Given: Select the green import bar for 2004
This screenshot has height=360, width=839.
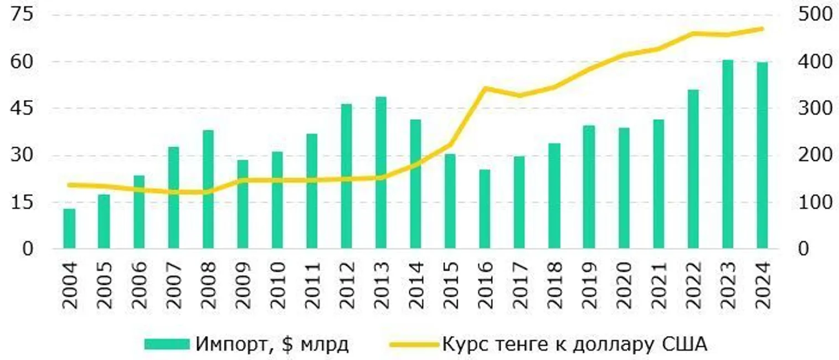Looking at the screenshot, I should point(69,228).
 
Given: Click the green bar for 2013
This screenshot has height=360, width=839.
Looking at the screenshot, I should point(381,173).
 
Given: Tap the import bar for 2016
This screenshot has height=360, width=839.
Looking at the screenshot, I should point(485,209).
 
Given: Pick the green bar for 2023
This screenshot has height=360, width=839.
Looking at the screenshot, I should point(728,154).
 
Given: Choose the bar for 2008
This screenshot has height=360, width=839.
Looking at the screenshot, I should point(208,189).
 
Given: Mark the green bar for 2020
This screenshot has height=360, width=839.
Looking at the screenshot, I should point(624,188).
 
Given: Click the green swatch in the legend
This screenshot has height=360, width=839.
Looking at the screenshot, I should point(167,344).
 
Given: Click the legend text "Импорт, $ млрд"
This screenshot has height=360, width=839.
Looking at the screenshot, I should point(272,344).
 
